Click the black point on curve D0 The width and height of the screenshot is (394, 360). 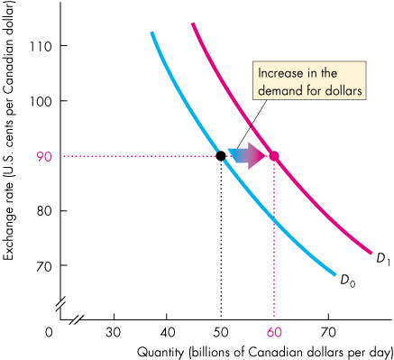point(221,155)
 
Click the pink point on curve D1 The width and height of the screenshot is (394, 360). point(274,155)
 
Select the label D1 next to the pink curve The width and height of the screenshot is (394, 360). point(382,260)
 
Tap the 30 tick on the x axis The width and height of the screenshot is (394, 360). point(115,331)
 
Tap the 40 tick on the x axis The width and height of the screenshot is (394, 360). point(168,331)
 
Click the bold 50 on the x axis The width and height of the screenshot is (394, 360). point(221,331)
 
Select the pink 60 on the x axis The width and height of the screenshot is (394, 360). point(274,331)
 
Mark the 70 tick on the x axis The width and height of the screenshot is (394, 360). point(327,331)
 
